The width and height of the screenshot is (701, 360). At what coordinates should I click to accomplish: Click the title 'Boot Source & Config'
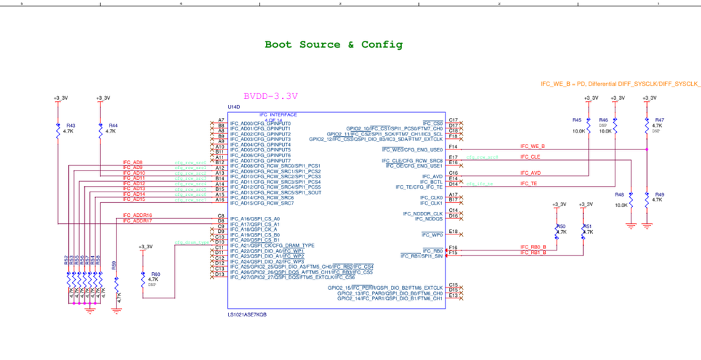point(333,45)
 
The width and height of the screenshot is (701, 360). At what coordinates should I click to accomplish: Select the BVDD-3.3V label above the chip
point(270,97)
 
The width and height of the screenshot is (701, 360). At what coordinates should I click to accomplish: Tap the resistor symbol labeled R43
point(58,131)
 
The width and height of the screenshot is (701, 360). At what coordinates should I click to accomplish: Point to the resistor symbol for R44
point(100,131)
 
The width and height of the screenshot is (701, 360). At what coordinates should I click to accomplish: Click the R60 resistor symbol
point(145,279)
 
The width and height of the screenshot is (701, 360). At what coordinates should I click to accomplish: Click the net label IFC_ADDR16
point(138,215)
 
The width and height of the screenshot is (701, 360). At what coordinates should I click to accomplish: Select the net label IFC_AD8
point(133,163)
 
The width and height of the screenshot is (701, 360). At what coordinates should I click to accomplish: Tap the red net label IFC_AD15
point(134,200)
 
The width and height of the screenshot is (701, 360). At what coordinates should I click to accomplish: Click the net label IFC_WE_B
point(532,147)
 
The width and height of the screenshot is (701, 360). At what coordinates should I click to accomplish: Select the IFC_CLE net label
point(530,157)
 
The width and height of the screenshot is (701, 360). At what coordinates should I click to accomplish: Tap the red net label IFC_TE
point(528,183)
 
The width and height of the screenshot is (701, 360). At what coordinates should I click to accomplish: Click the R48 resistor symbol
point(631,200)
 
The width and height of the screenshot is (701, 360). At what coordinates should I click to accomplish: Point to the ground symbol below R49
point(647,225)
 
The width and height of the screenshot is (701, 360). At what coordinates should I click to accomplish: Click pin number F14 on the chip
point(453,147)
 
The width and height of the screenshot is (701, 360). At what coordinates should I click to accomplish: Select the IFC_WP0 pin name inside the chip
point(432,234)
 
